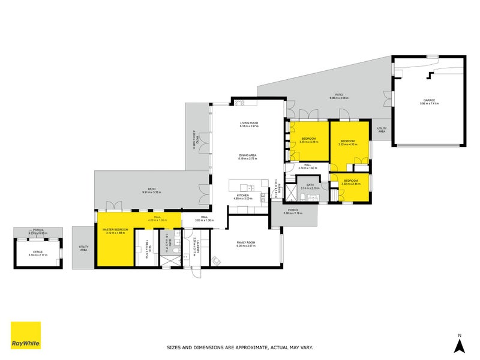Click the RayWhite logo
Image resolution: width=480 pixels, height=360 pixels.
pos(26,335)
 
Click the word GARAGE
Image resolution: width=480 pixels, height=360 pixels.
pos(429,100)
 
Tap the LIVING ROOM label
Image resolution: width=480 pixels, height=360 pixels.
pos(248,123)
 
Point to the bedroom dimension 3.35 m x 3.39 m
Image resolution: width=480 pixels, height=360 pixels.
pos(309,142)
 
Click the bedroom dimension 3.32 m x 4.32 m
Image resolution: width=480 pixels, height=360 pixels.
pos(348,144)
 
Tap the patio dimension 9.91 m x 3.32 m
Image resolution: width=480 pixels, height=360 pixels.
pos(152,192)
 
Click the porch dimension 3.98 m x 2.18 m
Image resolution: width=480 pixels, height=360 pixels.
pos(293,213)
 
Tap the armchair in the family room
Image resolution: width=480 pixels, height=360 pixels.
pos(215,260)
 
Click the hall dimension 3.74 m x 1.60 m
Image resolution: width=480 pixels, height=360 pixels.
pos(307,168)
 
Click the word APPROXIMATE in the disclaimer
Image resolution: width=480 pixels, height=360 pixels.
pos(254,347)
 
